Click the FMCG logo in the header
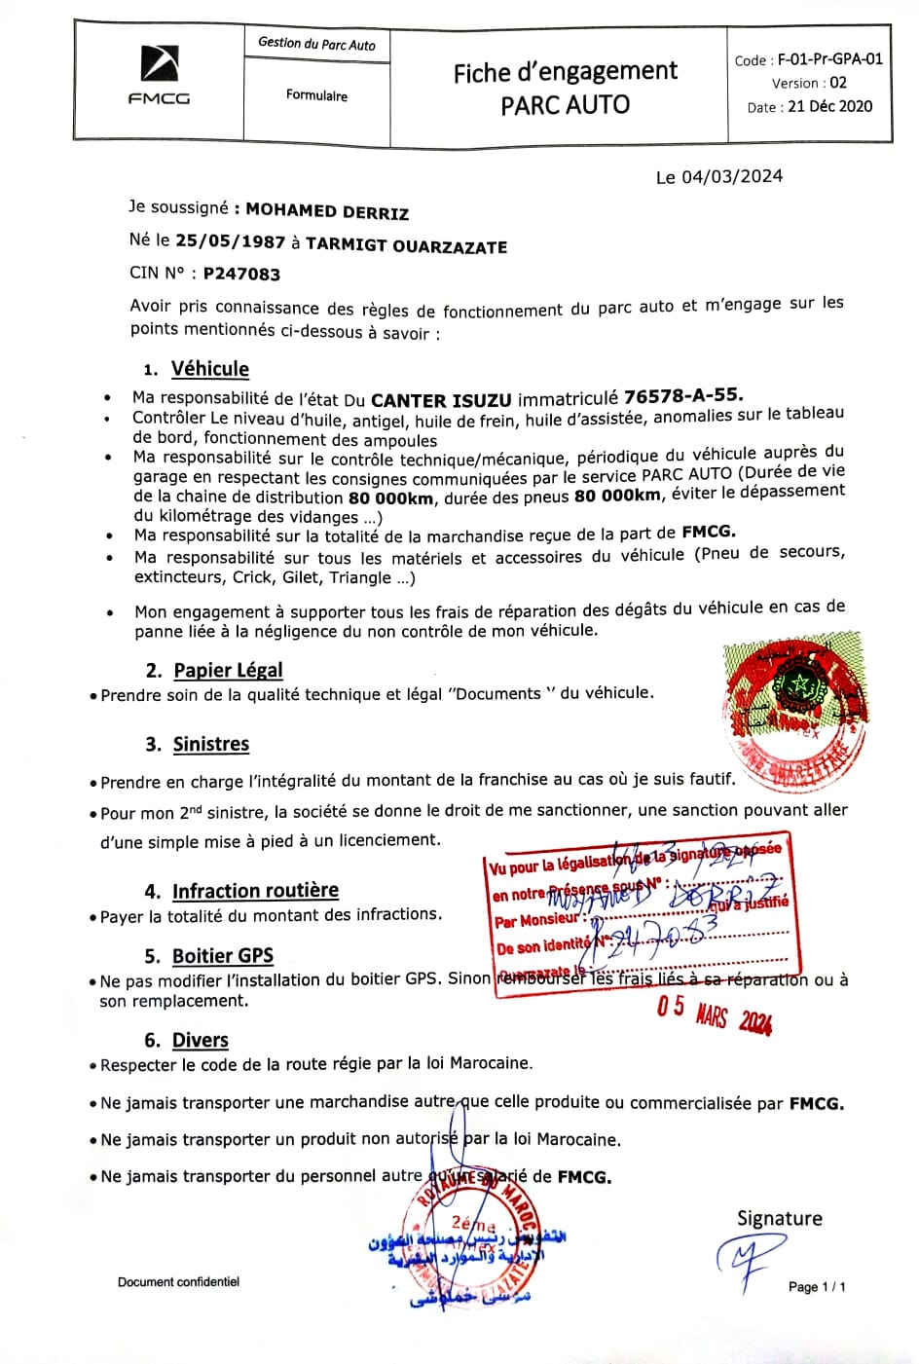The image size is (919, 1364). (x=159, y=75)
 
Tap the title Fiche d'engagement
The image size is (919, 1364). (x=565, y=72)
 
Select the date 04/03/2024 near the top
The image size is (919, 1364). (x=732, y=176)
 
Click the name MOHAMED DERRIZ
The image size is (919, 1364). (x=326, y=211)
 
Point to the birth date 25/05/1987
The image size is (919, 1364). (x=230, y=241)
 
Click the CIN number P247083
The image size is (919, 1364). (x=241, y=274)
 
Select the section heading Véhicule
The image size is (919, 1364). (x=209, y=369)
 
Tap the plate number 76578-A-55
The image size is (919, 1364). (x=682, y=395)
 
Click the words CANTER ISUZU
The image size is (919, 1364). (x=441, y=399)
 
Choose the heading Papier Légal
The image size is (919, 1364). (x=228, y=670)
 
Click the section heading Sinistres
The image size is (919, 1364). (x=210, y=744)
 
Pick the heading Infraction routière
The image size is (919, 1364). (x=255, y=891)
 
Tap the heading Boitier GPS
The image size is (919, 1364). (x=222, y=955)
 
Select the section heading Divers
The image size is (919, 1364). (x=200, y=1040)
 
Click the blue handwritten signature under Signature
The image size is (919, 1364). (x=749, y=1261)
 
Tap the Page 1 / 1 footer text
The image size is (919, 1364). (x=816, y=1287)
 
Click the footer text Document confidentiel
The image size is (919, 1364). (x=178, y=1281)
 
